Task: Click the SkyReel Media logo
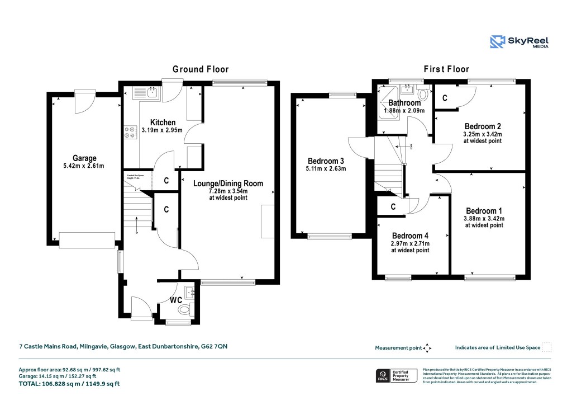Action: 519,42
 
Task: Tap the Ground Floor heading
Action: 201,69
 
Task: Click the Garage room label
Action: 84,158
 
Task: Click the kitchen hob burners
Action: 129,131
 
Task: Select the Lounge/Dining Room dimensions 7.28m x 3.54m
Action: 228,192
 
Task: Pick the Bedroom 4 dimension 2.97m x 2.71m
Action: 411,243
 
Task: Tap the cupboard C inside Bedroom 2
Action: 445,98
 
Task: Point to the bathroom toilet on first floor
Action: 422,95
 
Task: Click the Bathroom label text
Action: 404,103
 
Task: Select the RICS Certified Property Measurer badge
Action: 397,375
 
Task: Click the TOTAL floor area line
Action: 69,384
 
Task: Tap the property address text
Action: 123,347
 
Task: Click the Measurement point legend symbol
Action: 427,348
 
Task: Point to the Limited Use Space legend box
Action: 547,347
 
